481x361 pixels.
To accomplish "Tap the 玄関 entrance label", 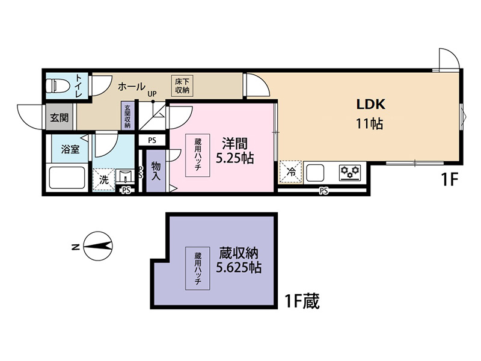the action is tap(59, 117).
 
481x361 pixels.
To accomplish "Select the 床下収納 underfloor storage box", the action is tap(182, 86).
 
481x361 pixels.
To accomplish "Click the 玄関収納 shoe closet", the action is tap(127, 116).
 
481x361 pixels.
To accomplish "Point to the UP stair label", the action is tap(152, 94).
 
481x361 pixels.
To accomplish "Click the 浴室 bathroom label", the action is tap(70, 149).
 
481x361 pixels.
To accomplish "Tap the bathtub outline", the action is tap(67, 178).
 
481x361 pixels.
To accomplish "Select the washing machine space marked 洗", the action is tap(103, 180).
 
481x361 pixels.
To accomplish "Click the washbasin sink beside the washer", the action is tap(125, 177).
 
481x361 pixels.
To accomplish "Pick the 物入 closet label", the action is tap(156, 171).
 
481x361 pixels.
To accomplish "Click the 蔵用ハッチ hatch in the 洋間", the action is tap(198, 155).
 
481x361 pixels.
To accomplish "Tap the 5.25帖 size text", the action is tap(235, 158).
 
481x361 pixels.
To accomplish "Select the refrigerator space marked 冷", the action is tap(290, 172).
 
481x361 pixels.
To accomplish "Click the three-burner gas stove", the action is tap(350, 173).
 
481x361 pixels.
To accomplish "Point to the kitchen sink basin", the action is tap(314, 173).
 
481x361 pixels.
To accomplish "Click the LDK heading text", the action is tap(370, 104).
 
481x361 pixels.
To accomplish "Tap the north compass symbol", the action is tap(98, 246).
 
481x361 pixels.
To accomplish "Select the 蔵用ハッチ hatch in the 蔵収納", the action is tap(198, 268).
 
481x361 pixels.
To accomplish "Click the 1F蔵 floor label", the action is tap(302, 301).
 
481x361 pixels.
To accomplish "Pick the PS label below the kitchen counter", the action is tap(323, 191).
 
